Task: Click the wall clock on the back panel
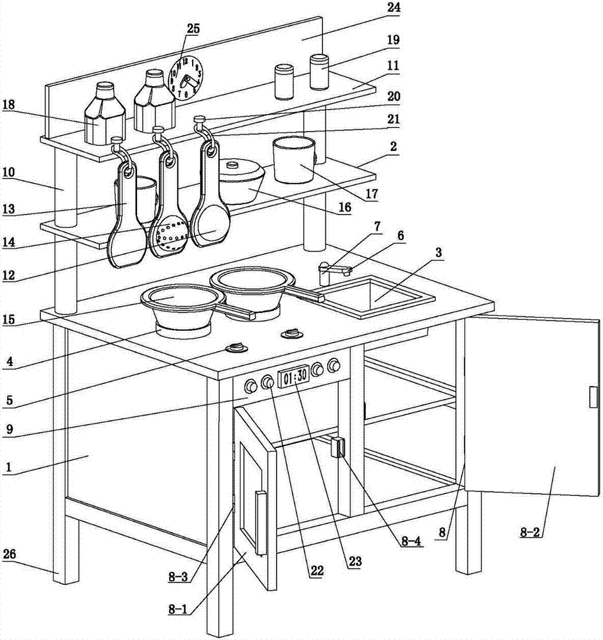coord(185,77)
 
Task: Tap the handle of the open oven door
coord(261,522)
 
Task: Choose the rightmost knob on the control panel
coord(333,366)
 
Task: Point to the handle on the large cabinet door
coord(593,397)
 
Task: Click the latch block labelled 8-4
coord(337,447)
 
